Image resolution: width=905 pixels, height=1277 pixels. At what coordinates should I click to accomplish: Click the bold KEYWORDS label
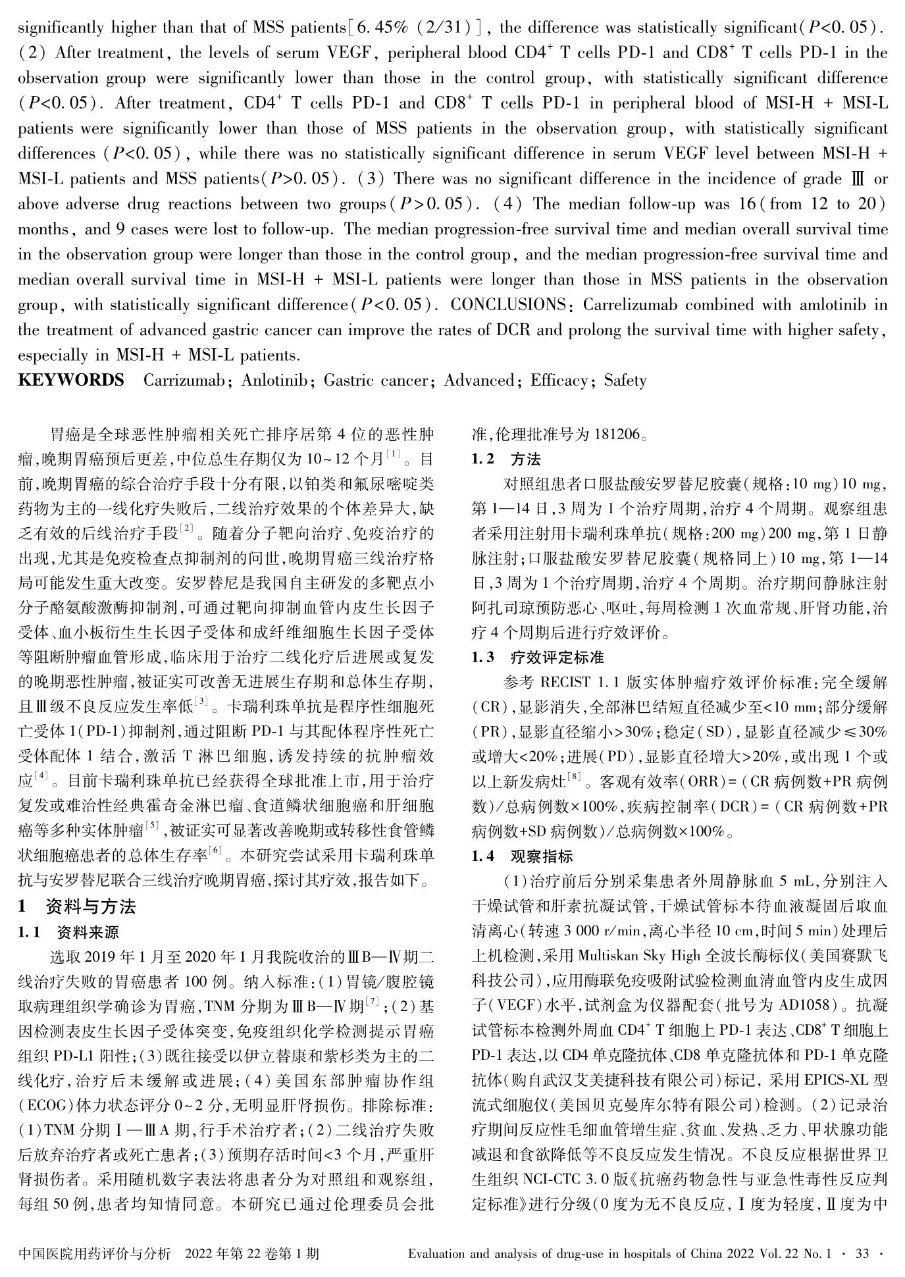pos(71,380)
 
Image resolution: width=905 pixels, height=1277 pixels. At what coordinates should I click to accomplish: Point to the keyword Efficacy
pos(559,380)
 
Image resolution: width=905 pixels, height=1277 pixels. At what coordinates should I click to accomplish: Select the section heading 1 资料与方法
pos(77,907)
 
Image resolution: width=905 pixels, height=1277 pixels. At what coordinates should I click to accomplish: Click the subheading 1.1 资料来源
pos(69,932)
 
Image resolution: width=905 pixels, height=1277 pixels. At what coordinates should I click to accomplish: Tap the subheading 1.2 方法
pos(507,459)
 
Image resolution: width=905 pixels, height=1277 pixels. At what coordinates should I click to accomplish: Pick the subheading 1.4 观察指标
pos(523,856)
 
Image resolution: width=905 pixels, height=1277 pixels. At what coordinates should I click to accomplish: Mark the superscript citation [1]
pos(393,454)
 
